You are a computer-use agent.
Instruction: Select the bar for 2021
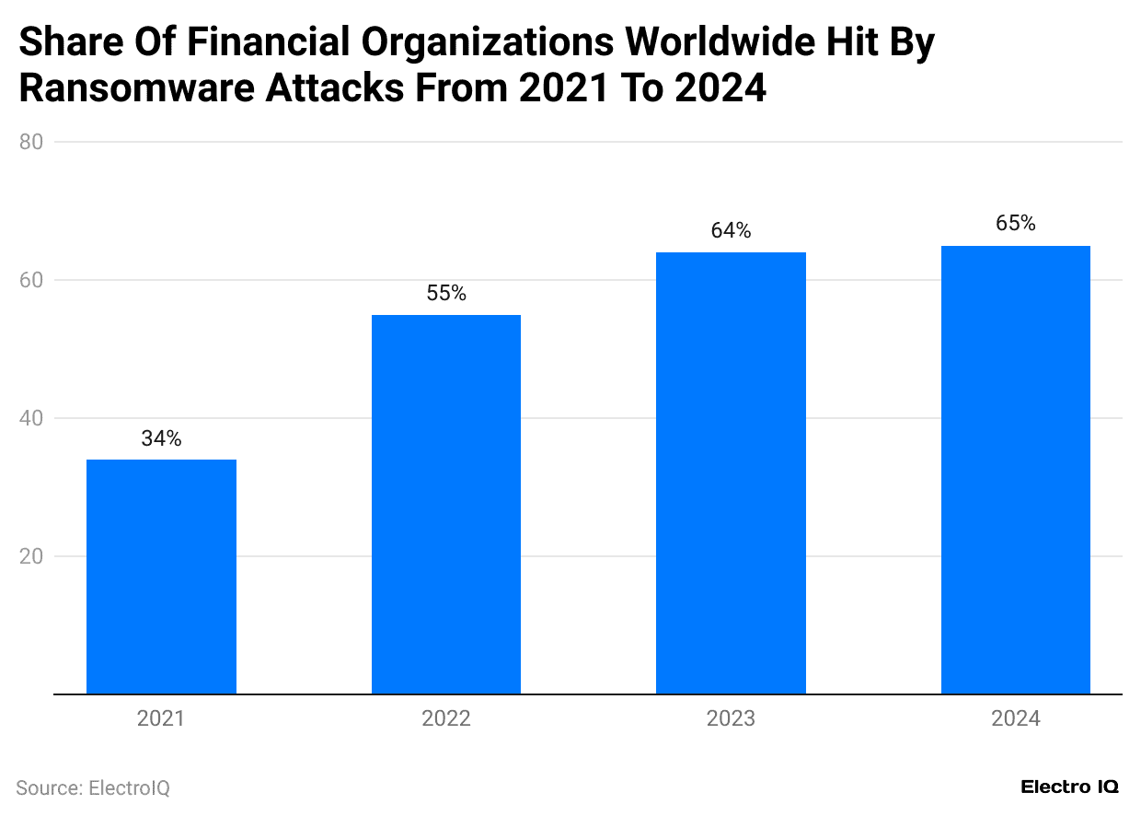click(161, 577)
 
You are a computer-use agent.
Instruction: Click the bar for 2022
click(446, 505)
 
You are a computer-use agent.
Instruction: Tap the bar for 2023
click(731, 473)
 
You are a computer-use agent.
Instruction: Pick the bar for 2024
click(1016, 470)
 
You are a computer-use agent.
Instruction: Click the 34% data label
click(161, 439)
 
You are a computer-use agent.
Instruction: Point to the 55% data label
click(446, 294)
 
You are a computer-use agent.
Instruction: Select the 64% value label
click(731, 231)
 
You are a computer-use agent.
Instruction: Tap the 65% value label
click(1016, 224)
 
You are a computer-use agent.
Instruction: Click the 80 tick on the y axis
click(31, 142)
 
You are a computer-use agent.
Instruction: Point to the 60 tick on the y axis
click(31, 280)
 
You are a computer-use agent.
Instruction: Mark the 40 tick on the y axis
click(31, 418)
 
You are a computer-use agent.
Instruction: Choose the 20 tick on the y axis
click(31, 556)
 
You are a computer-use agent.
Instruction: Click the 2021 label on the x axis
click(161, 719)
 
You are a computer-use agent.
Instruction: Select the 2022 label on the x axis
click(446, 719)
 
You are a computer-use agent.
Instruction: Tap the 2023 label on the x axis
click(731, 719)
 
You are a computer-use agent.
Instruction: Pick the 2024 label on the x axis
click(1016, 719)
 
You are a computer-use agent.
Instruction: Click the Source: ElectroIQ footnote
click(93, 788)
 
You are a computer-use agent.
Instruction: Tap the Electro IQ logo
click(1069, 787)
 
